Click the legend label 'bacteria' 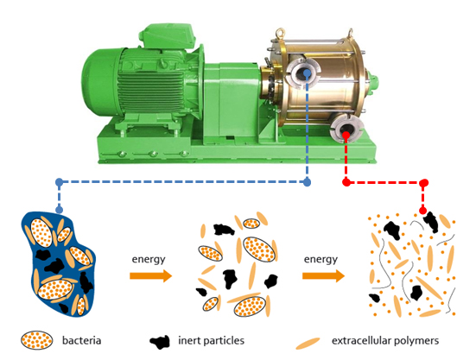[81, 340]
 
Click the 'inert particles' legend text [212, 340]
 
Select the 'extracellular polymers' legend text [385, 341]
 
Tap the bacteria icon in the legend [37, 340]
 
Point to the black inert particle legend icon [160, 342]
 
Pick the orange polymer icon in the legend [308, 344]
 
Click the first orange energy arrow [151, 275]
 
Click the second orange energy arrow [324, 275]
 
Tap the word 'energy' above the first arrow [149, 260]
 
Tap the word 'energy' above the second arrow [321, 260]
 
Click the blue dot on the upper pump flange [307, 73]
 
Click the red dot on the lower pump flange [346, 135]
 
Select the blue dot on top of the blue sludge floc [60, 210]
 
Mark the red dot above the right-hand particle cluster [423, 210]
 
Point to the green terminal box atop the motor [168, 35]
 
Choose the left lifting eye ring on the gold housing [280, 33]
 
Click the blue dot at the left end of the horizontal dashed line [60, 182]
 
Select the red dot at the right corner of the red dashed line [423, 183]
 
